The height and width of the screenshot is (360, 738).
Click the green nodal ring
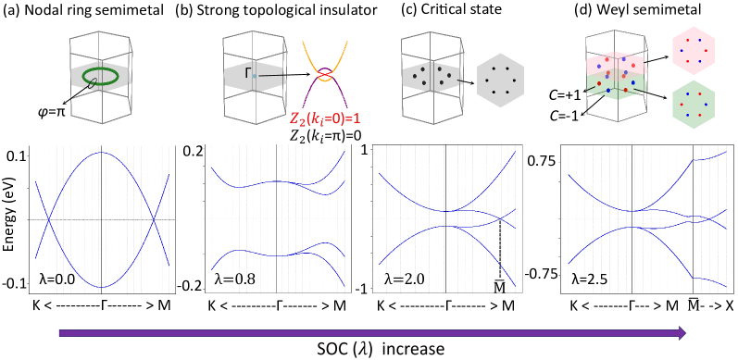[x=100, y=76]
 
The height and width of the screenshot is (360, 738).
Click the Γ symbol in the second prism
[x=248, y=72]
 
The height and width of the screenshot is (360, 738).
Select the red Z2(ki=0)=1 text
[x=325, y=119]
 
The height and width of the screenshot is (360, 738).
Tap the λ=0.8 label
[x=234, y=279]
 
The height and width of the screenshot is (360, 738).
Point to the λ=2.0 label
[x=405, y=279]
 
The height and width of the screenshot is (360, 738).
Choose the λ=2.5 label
[x=589, y=279]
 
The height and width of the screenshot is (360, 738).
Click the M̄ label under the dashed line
[x=499, y=288]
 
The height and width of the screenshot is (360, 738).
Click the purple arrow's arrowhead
[x=682, y=333]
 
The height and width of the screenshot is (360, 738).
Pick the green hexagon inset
[x=693, y=105]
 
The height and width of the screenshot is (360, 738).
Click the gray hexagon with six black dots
[x=501, y=81]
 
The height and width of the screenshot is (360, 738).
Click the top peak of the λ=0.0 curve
[x=101, y=153]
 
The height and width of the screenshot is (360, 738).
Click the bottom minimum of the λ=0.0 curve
[x=101, y=287]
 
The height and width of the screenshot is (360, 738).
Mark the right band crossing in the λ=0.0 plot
[x=154, y=219]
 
